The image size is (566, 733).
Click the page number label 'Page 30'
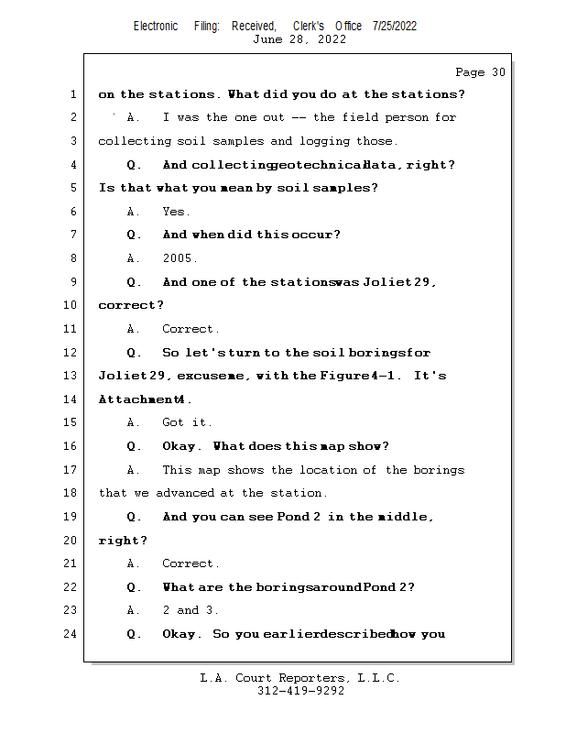point(480,72)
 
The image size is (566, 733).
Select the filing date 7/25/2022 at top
point(395,26)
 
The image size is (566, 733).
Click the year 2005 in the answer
point(180,258)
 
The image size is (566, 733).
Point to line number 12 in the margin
point(71,353)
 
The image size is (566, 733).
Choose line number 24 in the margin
point(71,634)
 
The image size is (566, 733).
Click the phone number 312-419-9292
point(300,691)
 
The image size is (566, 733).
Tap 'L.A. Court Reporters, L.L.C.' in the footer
point(299,678)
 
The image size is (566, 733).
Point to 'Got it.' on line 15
point(187,422)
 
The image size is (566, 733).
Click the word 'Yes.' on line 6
point(176,212)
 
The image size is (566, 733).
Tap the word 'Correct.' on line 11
point(190,329)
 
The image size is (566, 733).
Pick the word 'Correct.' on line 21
point(190,563)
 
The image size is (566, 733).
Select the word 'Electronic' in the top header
point(156,26)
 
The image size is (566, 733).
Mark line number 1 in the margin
point(71,94)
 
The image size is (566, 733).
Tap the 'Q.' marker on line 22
point(135,587)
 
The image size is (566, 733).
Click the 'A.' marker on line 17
point(134,470)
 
